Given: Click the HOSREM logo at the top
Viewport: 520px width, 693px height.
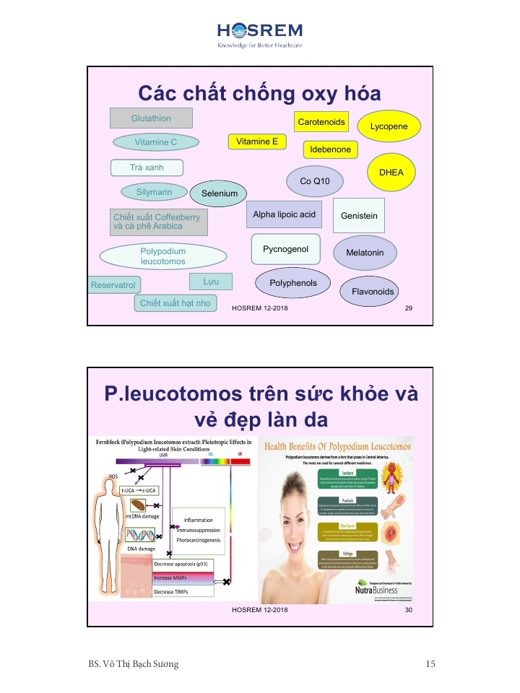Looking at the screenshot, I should pyautogui.click(x=260, y=34).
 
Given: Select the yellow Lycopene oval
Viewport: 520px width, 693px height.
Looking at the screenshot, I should pyautogui.click(x=389, y=126).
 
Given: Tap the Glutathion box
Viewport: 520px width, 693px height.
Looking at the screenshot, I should pyautogui.click(x=151, y=118).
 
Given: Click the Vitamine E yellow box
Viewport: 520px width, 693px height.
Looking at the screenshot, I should pyautogui.click(x=256, y=141).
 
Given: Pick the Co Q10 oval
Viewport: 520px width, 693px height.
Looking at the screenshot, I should pyautogui.click(x=315, y=180).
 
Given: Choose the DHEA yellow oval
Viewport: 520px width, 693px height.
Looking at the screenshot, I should pyautogui.click(x=391, y=173).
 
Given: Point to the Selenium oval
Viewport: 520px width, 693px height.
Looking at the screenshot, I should pyautogui.click(x=219, y=193).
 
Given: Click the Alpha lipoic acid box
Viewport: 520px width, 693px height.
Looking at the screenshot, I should pyautogui.click(x=285, y=214).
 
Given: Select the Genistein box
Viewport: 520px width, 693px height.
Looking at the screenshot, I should pyautogui.click(x=358, y=216).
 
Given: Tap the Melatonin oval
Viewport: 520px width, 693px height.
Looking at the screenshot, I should pyautogui.click(x=365, y=253).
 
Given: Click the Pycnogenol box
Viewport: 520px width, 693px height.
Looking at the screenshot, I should pyautogui.click(x=285, y=249).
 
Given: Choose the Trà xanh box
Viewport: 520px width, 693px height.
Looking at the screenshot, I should pyautogui.click(x=147, y=167).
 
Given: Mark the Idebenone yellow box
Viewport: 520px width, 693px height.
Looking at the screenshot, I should pyautogui.click(x=330, y=149).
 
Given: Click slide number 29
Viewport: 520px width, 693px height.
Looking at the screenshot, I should pyautogui.click(x=409, y=308).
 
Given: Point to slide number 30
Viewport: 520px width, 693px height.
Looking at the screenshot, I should pyautogui.click(x=409, y=610).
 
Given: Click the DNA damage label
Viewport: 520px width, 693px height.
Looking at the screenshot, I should pyautogui.click(x=142, y=549).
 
